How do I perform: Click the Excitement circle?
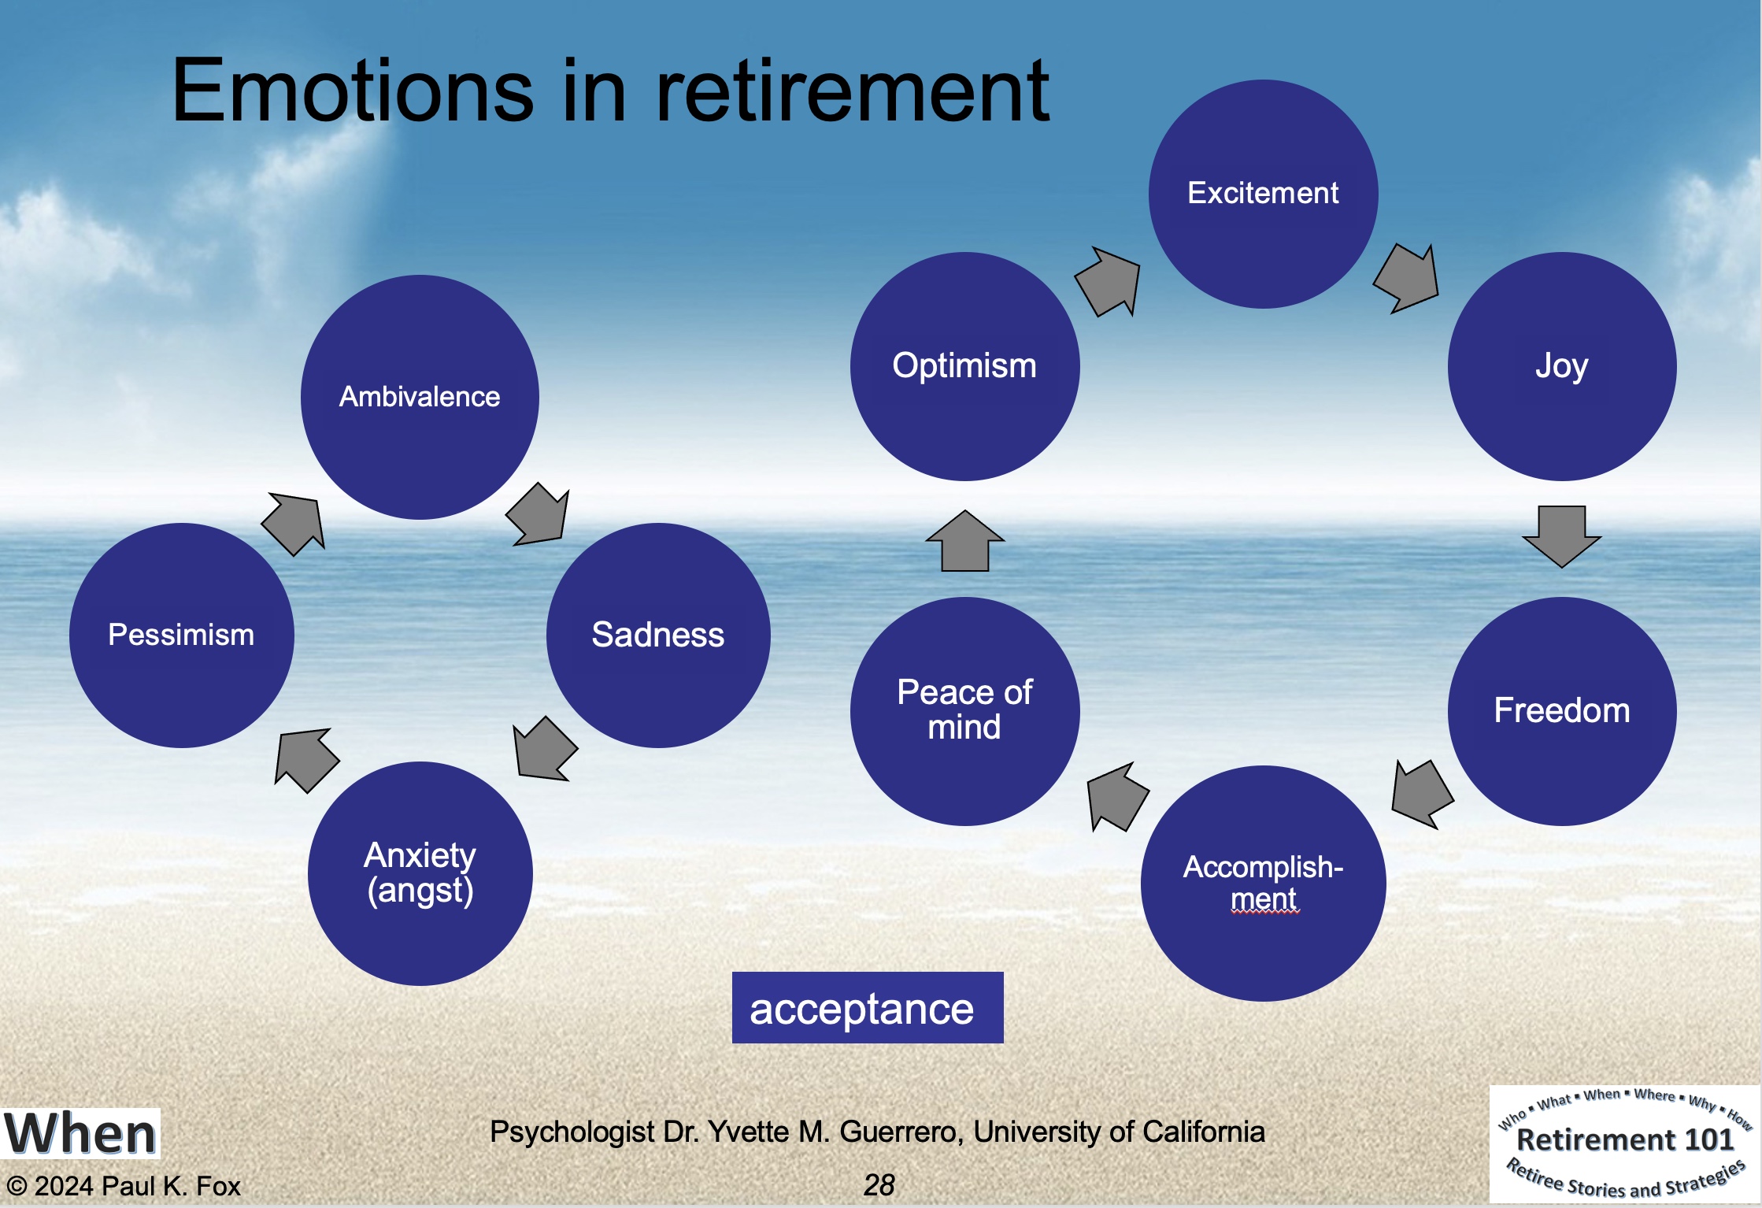pos(1263,194)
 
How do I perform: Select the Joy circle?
pos(1562,366)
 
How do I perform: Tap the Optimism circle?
pos(964,366)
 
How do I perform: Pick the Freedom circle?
pos(1562,711)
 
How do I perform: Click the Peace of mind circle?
pos(964,711)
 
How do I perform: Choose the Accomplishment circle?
pos(1263,884)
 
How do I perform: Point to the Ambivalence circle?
pos(420,397)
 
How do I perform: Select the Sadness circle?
pos(658,635)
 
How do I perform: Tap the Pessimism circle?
pos(181,635)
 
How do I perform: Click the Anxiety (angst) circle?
pos(420,873)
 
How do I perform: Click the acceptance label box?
pos(868,1008)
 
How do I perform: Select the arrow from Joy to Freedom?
pos(1562,536)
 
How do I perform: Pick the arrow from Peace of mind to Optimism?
pos(964,541)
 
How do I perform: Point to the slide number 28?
pos(879,1184)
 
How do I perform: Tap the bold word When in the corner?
pos(80,1134)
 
